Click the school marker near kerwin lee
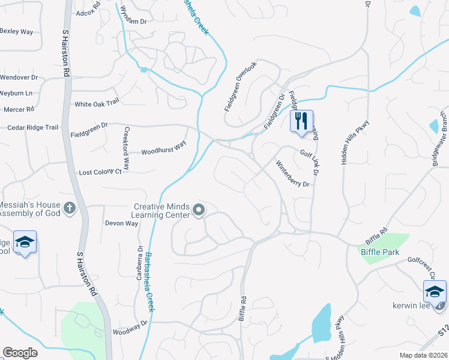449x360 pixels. tap(435, 292)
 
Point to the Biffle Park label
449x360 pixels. tap(380, 253)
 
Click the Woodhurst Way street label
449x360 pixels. tap(164, 148)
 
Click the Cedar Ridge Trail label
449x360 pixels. tap(32, 128)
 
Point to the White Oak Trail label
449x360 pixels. tap(97, 104)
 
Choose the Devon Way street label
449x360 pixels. tap(121, 223)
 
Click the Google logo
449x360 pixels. tap(20, 353)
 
